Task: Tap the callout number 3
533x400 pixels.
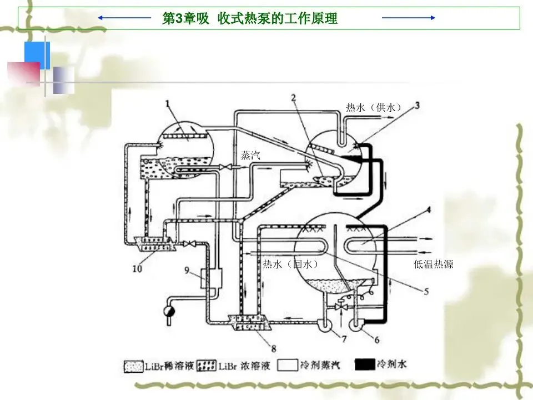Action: [x=417, y=104]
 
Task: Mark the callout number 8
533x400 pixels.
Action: [x=273, y=348]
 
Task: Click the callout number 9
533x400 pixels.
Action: [x=187, y=271]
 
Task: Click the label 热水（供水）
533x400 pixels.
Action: [x=373, y=108]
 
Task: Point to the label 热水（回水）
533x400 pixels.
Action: [x=290, y=264]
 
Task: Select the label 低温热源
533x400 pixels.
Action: [x=434, y=264]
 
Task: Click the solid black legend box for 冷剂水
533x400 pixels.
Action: [x=364, y=365]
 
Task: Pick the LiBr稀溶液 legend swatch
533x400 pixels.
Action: [x=134, y=366]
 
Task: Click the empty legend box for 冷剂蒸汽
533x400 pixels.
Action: [x=287, y=365]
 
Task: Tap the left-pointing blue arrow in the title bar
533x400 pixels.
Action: [x=125, y=18]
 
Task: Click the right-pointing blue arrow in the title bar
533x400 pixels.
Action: [x=409, y=18]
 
